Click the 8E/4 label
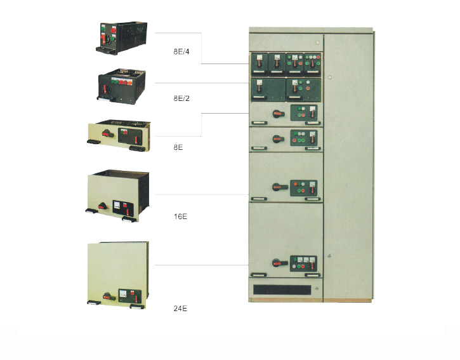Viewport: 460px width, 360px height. click(181, 51)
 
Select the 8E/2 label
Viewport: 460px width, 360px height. click(181, 98)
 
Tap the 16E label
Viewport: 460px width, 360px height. click(180, 217)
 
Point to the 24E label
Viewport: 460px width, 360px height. click(180, 309)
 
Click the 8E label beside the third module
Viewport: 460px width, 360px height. click(178, 147)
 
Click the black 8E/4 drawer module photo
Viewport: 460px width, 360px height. click(121, 38)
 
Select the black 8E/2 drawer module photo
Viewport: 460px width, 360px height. click(121, 86)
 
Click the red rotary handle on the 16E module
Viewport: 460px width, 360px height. click(102, 206)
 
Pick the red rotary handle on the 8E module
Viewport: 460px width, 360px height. click(108, 134)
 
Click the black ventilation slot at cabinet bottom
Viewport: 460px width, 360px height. click(282, 290)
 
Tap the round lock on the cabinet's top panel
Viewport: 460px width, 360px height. click(317, 43)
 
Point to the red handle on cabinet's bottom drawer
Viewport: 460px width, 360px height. click(280, 263)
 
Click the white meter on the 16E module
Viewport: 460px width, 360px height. click(117, 205)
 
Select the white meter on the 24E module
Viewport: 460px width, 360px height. click(123, 293)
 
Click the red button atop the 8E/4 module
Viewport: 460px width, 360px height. click(114, 30)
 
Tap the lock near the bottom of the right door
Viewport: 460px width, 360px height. click(329, 256)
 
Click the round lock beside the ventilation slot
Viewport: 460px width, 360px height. click(317, 289)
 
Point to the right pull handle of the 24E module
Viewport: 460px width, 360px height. click(137, 307)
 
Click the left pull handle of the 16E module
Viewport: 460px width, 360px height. click(91, 211)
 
